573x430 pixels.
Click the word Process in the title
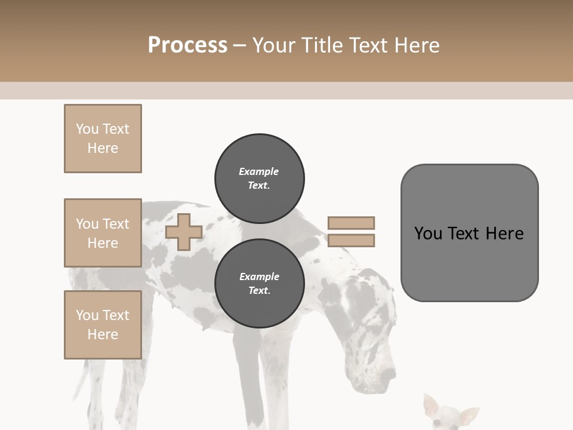coord(187,45)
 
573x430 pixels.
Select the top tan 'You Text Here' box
coord(103,139)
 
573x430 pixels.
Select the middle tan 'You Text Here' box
coord(103,233)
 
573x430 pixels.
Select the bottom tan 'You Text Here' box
coord(103,325)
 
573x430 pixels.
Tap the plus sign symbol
coord(184,232)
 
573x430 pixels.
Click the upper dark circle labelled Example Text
coord(260,178)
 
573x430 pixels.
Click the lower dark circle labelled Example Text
coord(260,283)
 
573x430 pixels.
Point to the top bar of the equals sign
coord(351,223)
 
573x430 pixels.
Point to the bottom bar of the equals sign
coord(351,241)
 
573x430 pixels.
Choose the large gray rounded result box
coord(469,233)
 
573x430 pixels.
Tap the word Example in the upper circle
coord(259,171)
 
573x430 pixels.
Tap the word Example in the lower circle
coord(259,277)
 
